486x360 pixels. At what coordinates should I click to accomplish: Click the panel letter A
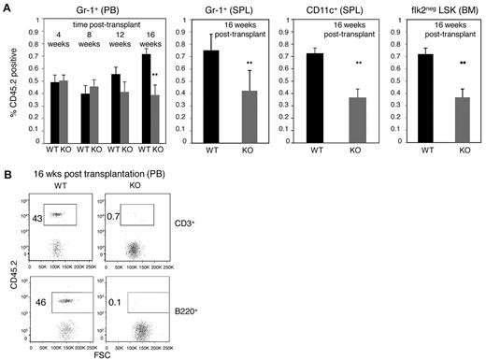[7, 7]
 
